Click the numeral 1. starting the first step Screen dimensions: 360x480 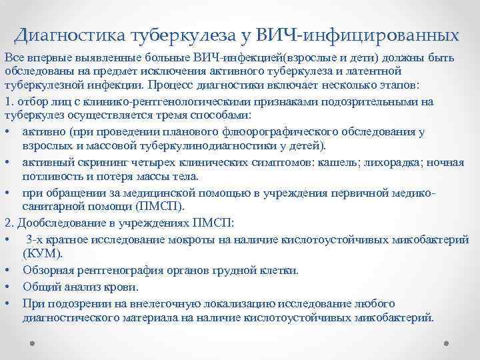[x=8, y=102]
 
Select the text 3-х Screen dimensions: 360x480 [x=35, y=239]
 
